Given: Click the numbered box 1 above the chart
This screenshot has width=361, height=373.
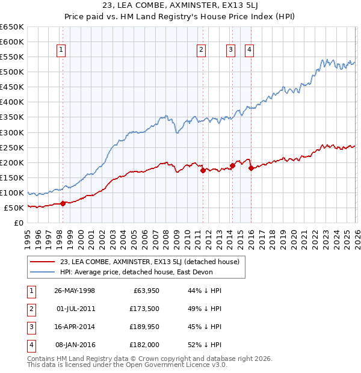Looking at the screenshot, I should (x=62, y=51).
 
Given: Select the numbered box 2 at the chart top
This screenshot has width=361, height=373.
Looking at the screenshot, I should (x=201, y=51).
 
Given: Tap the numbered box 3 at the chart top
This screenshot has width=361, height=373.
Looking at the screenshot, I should (x=230, y=51).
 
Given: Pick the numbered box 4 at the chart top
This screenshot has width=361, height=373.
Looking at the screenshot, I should (x=248, y=51).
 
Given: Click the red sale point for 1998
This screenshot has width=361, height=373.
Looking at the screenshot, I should (x=63, y=203).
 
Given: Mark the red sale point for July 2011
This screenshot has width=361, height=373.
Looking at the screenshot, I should (x=202, y=170).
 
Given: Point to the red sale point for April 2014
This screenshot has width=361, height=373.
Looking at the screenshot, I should (x=232, y=165).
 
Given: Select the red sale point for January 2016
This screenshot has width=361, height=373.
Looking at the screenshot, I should (x=250, y=168).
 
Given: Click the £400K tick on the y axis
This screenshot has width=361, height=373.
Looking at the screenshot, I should (x=12, y=102).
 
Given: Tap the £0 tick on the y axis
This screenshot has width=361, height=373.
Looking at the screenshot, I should (x=18, y=223).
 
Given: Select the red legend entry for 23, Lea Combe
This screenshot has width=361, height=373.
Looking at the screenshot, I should (x=150, y=262).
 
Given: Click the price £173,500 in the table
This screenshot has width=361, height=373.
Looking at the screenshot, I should (x=143, y=309).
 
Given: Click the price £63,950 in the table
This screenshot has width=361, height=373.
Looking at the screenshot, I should (x=144, y=291).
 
